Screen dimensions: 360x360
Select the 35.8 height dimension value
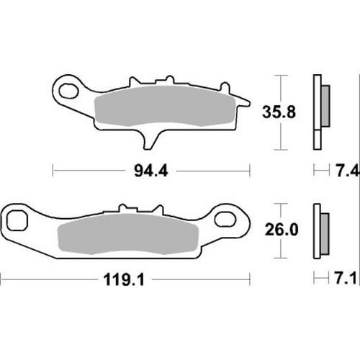pyautogui.click(x=278, y=112)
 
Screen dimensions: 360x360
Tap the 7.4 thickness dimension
pyautogui.click(x=343, y=171)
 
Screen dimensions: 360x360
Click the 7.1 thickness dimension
pyautogui.click(x=343, y=276)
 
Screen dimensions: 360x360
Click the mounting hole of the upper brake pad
pyautogui.click(x=70, y=91)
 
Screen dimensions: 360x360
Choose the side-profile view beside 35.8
pyautogui.click(x=319, y=112)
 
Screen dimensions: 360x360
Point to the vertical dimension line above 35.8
pyautogui.click(x=278, y=86)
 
